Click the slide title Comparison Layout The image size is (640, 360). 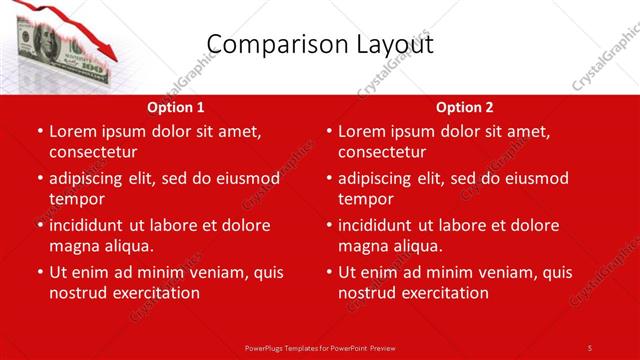319,44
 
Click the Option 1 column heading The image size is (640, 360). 176,107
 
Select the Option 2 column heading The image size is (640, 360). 465,107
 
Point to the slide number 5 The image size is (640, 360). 589,348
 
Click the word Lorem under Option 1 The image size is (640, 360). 73,131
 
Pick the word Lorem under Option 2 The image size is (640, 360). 362,131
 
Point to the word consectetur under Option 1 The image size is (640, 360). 93,152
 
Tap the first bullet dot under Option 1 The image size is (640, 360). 39,132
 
